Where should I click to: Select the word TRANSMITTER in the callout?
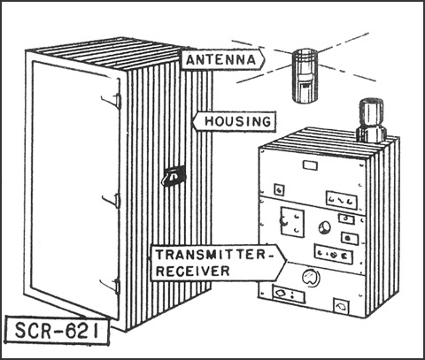pyautogui.click(x=211, y=255)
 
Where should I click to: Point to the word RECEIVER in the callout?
pyautogui.click(x=192, y=271)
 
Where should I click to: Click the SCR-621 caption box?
pyautogui.click(x=57, y=330)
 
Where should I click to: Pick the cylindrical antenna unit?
pyautogui.click(x=305, y=76)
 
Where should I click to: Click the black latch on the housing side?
pyautogui.click(x=174, y=176)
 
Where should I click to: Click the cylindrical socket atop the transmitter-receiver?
pyautogui.click(x=371, y=120)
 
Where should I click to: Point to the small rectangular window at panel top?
pyautogui.click(x=311, y=165)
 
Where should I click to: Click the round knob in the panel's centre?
pyautogui.click(x=325, y=227)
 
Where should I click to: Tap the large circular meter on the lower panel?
pyautogui.click(x=311, y=277)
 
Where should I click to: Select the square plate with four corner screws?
pyautogui.click(x=292, y=222)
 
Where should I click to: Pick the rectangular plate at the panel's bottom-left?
pyautogui.click(x=289, y=295)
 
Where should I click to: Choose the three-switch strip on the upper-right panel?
pyautogui.click(x=342, y=201)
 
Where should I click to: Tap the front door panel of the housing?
pyautogui.click(x=75, y=188)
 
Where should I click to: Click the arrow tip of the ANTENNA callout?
pyautogui.click(x=265, y=59)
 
